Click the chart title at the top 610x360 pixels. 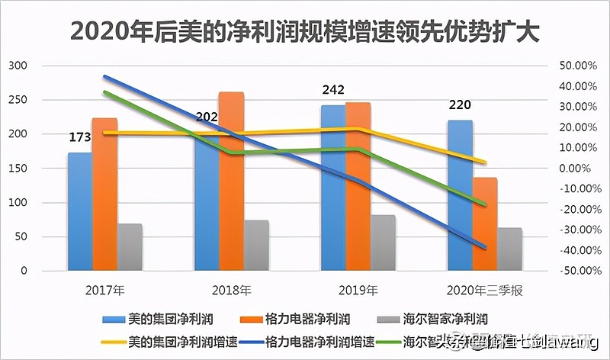coord(305,31)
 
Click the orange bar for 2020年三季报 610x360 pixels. coord(484,224)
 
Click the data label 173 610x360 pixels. coord(79,138)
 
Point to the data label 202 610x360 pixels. coord(207,117)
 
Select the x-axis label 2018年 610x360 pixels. coord(231,291)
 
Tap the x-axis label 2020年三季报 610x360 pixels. coord(484,291)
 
